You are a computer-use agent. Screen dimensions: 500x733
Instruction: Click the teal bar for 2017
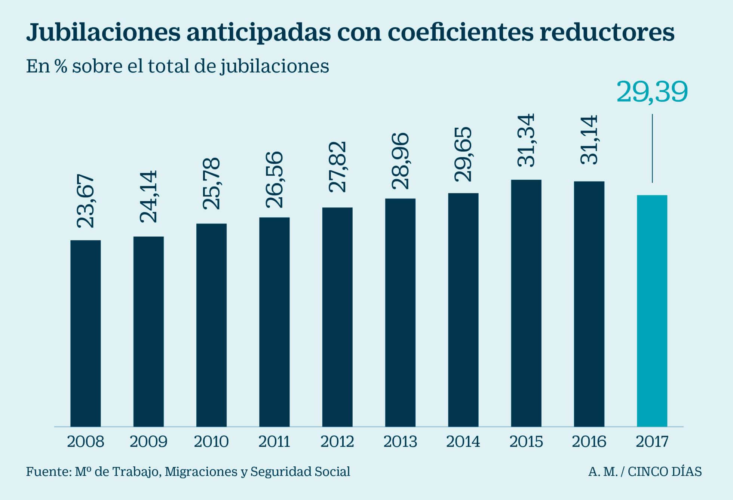(x=652, y=311)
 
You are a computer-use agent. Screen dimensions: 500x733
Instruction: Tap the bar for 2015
(x=526, y=303)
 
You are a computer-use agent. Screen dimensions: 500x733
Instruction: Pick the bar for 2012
(x=337, y=317)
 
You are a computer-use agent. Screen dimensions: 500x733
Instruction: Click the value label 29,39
(x=652, y=92)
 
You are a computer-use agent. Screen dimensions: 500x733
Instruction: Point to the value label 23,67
(x=86, y=201)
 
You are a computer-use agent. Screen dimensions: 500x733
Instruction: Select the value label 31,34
(x=526, y=140)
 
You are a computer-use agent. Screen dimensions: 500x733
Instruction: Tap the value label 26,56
(x=274, y=179)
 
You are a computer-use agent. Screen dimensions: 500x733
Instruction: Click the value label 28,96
(x=400, y=161)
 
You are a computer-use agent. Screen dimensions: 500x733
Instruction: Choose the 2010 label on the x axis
(x=211, y=442)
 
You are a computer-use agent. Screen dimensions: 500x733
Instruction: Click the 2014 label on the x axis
(x=463, y=442)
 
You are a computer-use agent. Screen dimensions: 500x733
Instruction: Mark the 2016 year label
(x=589, y=442)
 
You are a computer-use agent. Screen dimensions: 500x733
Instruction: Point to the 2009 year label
(x=148, y=442)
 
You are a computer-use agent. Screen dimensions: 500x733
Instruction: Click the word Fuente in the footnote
(x=47, y=472)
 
